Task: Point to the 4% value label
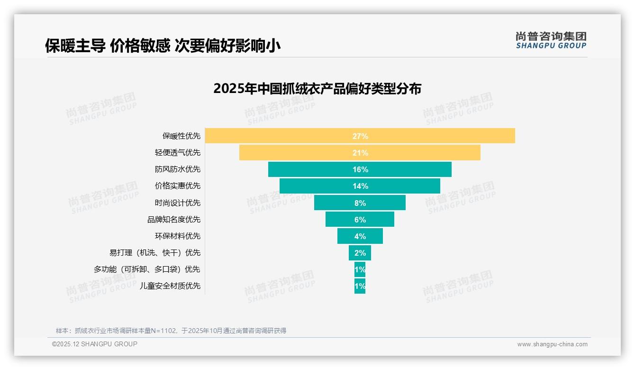coord(360,236)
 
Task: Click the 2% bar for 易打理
coord(360,253)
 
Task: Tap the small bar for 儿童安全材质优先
coord(360,286)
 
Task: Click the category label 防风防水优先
coord(178,169)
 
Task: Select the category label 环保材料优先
coord(178,236)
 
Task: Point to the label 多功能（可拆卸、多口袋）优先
coord(147,269)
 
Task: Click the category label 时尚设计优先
coord(178,203)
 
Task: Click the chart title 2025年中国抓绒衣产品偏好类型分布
coord(317,89)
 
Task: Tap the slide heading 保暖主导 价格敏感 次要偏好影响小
coord(163,46)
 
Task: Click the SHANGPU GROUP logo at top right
coord(551,40)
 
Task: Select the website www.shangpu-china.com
coord(552,344)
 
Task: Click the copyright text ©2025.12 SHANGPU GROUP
coord(95,344)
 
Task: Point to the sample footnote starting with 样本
coord(171,331)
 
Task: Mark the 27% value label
coord(360,136)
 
